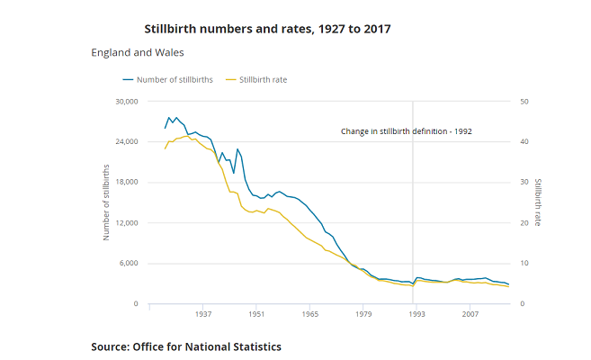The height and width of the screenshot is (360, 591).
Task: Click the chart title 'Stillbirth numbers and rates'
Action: click(267, 29)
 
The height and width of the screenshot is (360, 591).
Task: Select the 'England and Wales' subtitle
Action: click(138, 53)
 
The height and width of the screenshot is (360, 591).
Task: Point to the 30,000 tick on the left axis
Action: click(122, 102)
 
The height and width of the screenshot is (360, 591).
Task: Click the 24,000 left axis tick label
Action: click(122, 142)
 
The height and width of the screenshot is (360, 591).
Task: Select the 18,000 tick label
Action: click(122, 183)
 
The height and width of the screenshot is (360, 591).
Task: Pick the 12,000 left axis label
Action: click(122, 223)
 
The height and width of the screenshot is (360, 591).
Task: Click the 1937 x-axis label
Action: click(202, 315)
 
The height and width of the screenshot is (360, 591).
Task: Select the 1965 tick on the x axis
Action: click(310, 315)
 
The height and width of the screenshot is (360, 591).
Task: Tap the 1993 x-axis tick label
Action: click(416, 315)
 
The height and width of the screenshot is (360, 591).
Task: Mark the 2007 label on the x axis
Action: click(470, 315)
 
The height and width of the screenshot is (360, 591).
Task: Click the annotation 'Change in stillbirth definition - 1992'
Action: click(407, 131)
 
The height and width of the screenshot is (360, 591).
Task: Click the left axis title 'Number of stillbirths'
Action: click(106, 202)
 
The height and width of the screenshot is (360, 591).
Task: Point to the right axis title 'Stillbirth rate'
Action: click(538, 202)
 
